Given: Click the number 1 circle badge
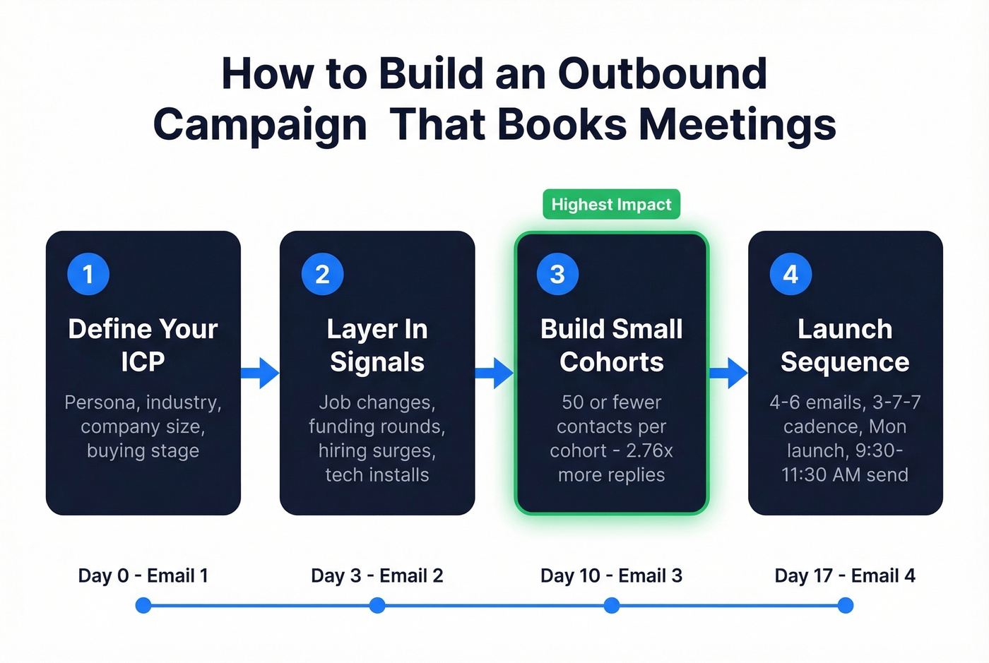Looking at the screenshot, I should click(88, 274).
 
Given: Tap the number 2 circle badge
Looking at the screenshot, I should click(322, 274).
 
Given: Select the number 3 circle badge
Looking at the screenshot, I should click(557, 274).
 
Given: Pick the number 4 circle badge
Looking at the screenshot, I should click(790, 274).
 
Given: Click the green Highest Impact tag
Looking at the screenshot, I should click(611, 205).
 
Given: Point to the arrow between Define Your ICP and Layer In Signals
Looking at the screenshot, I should click(261, 373).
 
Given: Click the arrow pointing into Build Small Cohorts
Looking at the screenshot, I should click(494, 373).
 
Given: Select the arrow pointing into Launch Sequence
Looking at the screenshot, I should click(728, 373).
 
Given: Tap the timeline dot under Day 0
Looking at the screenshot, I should click(143, 605).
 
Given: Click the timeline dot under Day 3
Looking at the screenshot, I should click(377, 605).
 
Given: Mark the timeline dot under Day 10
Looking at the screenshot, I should click(612, 605).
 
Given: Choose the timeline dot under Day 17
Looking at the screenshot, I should click(845, 605).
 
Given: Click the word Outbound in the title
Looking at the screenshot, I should click(662, 73).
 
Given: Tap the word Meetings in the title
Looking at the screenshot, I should click(738, 125).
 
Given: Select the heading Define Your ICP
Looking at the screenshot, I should click(143, 345).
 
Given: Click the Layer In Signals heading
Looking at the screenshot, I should click(377, 345).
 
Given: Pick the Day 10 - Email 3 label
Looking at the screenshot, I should click(611, 575).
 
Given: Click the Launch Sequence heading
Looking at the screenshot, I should click(845, 345).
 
